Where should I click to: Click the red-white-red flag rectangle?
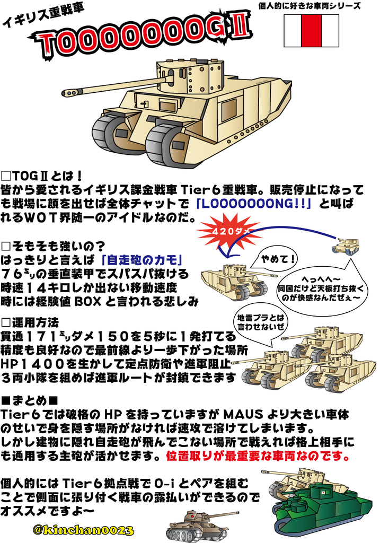pos(311,30)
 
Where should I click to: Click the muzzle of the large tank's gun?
pos(68,93)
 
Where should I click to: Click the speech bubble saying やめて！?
pos(274,259)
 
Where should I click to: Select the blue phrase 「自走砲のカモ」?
pos(142,260)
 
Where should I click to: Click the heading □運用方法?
pos(30,322)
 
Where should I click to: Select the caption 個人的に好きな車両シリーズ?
pos(310,6)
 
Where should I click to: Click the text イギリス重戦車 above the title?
pos(43,15)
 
